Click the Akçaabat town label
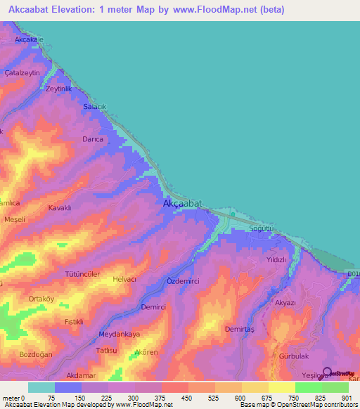(182, 203)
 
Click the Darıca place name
(93, 139)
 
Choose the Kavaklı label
(60, 208)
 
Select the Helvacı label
(124, 279)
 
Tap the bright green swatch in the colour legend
(308, 387)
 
